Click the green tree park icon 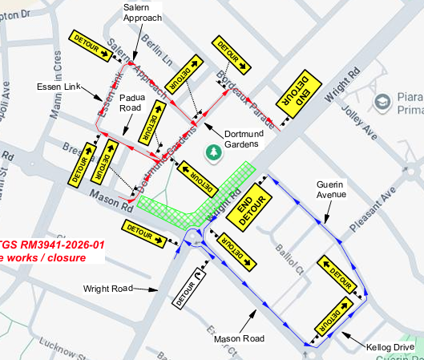click(213, 151)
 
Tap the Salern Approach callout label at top click(143, 12)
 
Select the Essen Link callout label click(58, 87)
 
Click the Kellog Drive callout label click(390, 346)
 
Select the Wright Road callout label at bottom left click(109, 288)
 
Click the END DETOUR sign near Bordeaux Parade click(297, 96)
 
